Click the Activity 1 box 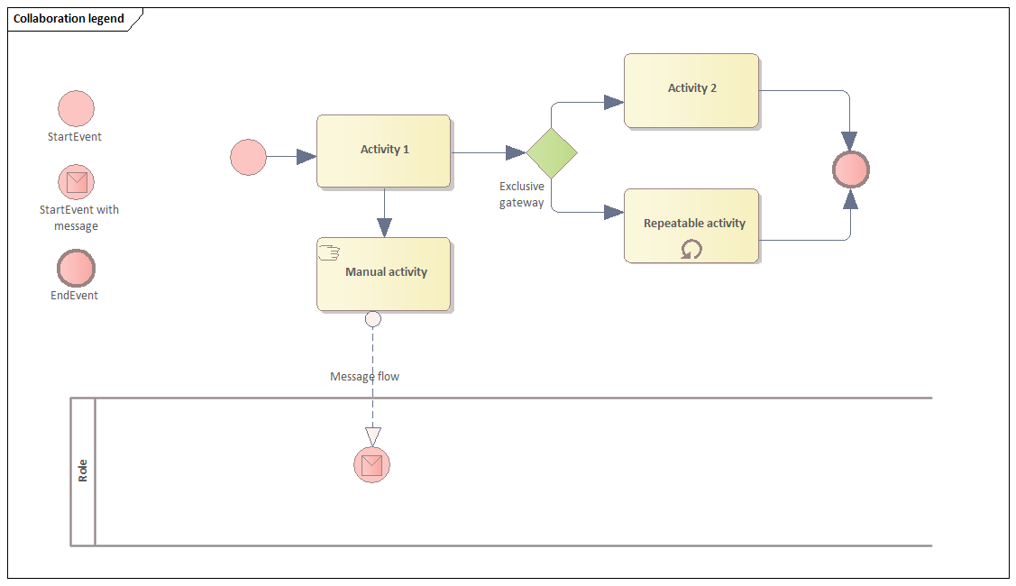point(383,151)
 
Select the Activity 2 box point(691,89)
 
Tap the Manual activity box point(383,273)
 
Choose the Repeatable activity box point(691,225)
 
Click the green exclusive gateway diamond point(552,152)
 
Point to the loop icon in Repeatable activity point(691,249)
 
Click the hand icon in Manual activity point(328,252)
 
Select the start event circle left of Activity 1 point(248,157)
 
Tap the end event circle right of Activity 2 point(850,169)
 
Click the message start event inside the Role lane point(371,464)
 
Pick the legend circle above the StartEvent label point(76,108)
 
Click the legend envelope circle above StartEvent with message point(76,182)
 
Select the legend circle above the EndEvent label point(76,268)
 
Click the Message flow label point(364,376)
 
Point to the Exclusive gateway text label point(522,195)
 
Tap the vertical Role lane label point(83,471)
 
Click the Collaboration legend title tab point(69,19)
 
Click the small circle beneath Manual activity point(372,318)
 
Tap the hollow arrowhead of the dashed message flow point(372,436)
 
